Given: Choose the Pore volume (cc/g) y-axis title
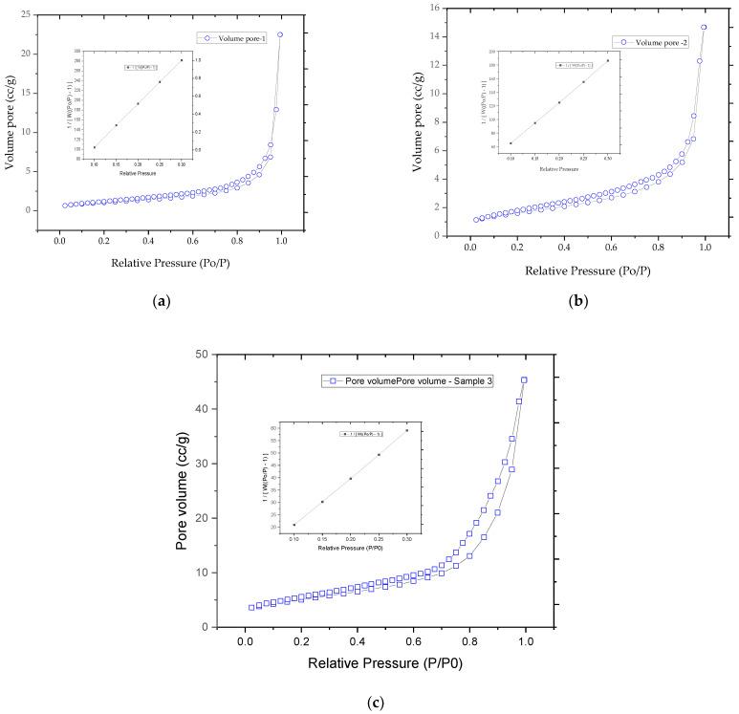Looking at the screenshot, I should point(185,490).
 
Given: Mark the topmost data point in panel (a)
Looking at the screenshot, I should point(280,34).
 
